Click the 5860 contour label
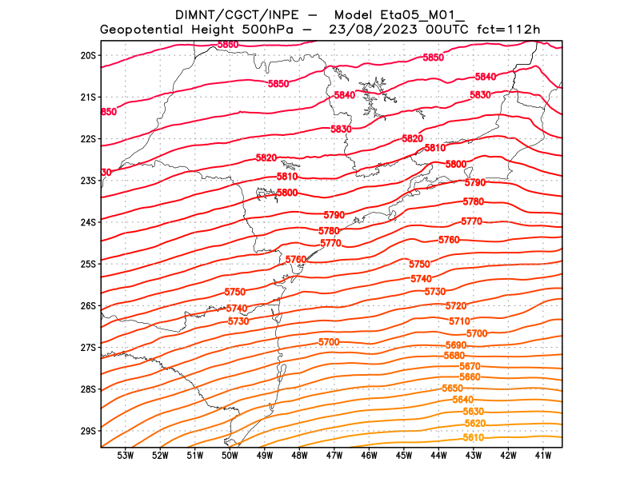[228, 44]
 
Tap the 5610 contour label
[474, 437]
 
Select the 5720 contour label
[456, 306]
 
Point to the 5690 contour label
[456, 345]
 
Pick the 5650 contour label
[452, 388]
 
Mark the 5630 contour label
[474, 411]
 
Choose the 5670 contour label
[470, 366]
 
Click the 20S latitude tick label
[88, 55]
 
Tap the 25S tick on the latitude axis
[88, 264]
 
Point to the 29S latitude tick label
[88, 431]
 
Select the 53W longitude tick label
[126, 456]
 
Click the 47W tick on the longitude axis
[334, 456]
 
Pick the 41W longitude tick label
[543, 456]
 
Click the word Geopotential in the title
[147, 30]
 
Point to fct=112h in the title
[509, 30]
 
